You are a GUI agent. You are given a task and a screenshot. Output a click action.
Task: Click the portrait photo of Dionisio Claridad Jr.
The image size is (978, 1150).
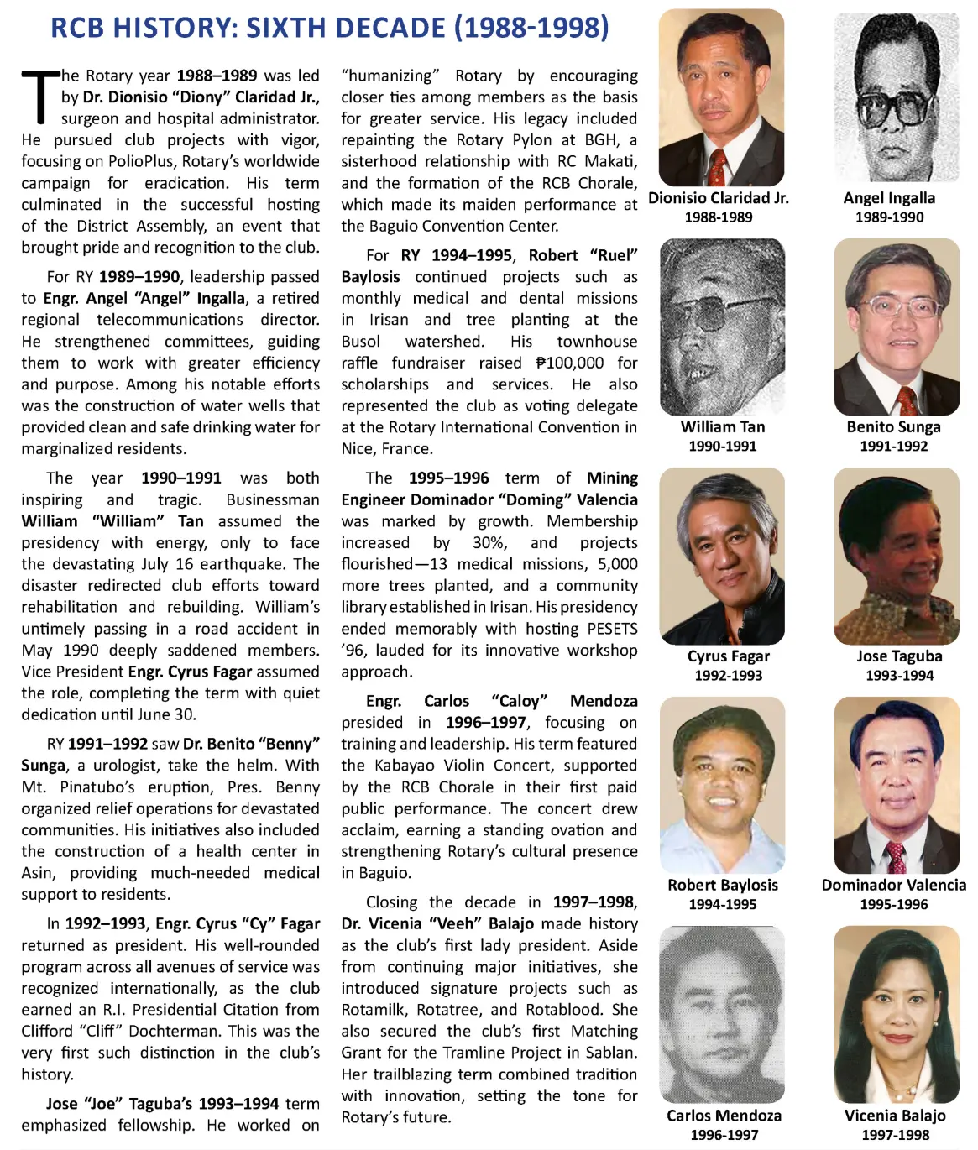tap(721, 97)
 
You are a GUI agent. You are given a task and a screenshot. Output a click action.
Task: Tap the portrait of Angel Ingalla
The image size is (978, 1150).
tap(896, 97)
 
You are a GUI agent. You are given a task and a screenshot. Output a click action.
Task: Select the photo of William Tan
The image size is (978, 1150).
tap(722, 327)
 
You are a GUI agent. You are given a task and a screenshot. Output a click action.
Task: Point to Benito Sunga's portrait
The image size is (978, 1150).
tap(896, 327)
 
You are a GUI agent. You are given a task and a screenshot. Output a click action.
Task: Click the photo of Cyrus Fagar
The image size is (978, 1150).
tap(722, 556)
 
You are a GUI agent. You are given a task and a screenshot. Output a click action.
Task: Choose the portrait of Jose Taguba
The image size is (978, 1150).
tap(896, 556)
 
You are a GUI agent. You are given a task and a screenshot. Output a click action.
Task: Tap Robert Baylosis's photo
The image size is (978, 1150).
tap(722, 785)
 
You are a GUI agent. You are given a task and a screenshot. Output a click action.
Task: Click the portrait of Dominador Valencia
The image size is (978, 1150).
tap(896, 785)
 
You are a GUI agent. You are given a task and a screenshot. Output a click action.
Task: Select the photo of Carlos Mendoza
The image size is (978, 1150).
tap(722, 1014)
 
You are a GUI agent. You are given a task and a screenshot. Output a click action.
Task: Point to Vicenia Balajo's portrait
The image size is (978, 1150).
tap(896, 1014)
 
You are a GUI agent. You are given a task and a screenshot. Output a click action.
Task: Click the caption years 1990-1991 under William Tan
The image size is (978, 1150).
tap(722, 447)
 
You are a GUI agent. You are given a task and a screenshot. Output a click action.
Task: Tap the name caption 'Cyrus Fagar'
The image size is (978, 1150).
tap(728, 656)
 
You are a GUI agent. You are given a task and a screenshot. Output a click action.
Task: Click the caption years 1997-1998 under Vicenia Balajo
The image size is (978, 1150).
tap(895, 1135)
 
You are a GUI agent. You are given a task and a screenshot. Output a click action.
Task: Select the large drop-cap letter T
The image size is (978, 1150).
tap(39, 97)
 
